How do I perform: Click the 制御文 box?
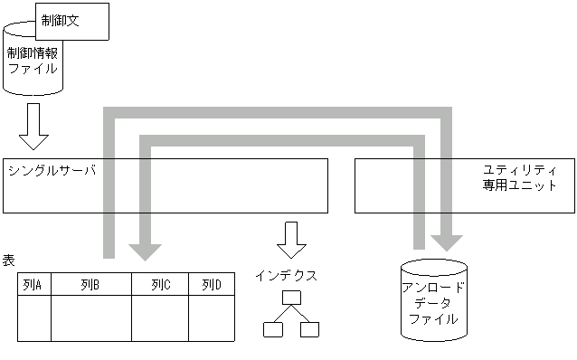72,21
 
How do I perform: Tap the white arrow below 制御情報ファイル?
33,126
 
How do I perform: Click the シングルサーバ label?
51,170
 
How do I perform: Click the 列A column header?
34,285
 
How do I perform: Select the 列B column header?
90,285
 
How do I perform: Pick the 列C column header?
160,285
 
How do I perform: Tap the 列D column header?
212,285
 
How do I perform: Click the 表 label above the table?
8,261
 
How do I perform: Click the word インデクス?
286,274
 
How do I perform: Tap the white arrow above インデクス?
291,240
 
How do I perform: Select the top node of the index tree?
290,298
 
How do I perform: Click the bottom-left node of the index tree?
272,329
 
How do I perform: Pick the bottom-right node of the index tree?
309,329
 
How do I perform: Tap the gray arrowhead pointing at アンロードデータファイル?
447,241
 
